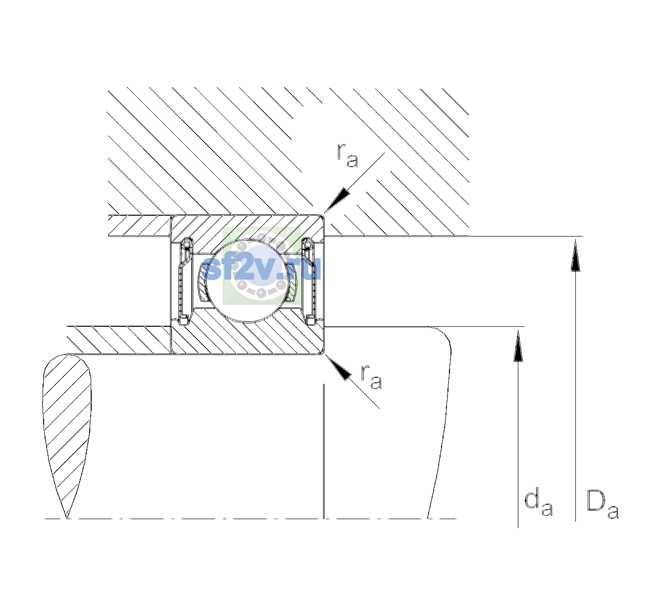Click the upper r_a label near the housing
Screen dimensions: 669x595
coord(347,156)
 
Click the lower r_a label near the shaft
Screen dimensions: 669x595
coord(371,377)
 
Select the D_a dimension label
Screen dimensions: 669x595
coord(602,504)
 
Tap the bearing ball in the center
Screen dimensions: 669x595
coord(247,281)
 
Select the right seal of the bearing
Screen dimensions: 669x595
coord(309,281)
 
